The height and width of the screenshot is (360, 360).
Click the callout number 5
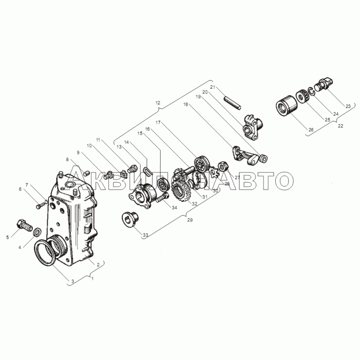pos(8,237)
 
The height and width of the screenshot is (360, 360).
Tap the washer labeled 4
pos(37,232)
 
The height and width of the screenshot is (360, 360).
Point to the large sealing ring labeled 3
pos(46,252)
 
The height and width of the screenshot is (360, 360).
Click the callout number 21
pos(213,87)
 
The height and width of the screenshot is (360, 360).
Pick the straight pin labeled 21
pos(232,103)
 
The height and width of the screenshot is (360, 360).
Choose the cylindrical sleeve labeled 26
pos(287,107)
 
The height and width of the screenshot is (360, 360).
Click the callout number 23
pos(348,106)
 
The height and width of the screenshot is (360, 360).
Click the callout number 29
pos(190,220)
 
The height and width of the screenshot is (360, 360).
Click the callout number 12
pos(158,103)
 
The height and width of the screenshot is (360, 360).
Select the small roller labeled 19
pos(263,158)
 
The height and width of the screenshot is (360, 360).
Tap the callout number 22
pos(340,126)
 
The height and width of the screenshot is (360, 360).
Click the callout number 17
pos(158,122)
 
